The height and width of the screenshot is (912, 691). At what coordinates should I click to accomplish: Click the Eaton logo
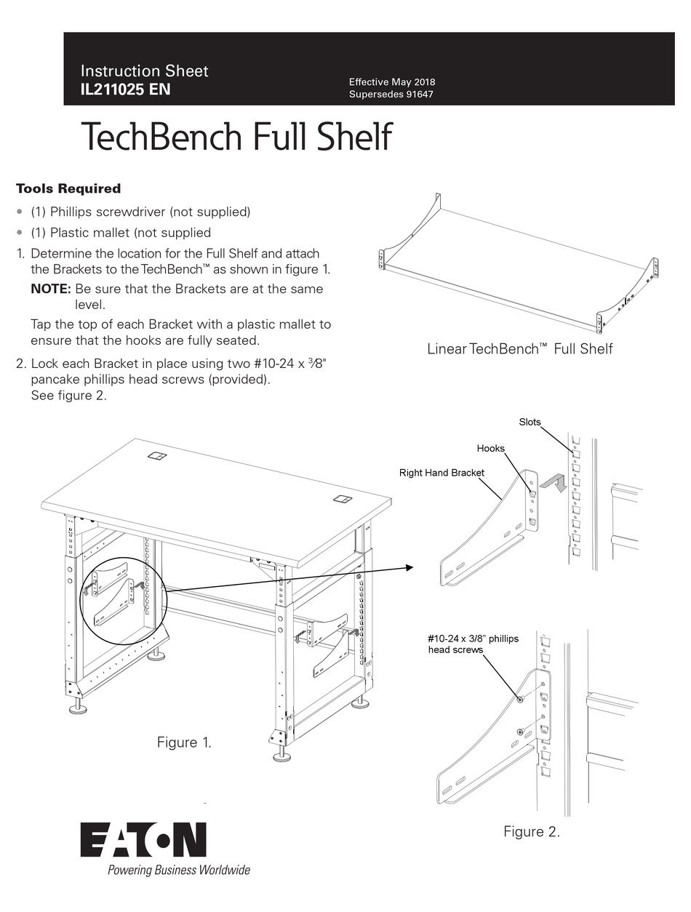tap(143, 840)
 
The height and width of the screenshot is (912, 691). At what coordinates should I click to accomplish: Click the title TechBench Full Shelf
tap(236, 137)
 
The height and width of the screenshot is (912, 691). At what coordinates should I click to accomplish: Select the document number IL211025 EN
tap(126, 91)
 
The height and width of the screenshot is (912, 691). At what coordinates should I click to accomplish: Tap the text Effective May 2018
tap(392, 82)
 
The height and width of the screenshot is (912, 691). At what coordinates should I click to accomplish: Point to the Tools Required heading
tap(68, 188)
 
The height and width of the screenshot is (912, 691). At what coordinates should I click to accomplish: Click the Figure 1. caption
tap(185, 743)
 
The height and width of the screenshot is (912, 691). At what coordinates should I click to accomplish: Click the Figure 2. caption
tap(532, 832)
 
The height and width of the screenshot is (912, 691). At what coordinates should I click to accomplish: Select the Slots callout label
tap(530, 422)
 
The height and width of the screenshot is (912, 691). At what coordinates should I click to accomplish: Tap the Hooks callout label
tap(490, 449)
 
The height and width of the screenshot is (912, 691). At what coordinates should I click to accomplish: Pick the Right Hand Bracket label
tap(442, 473)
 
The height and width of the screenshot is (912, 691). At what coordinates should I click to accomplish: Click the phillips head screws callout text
tap(473, 644)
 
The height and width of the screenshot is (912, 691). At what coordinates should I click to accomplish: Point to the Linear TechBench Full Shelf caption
tap(519, 349)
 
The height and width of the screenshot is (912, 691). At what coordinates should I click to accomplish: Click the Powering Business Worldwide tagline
tap(178, 870)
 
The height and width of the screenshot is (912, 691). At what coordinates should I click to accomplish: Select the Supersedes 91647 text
tap(391, 95)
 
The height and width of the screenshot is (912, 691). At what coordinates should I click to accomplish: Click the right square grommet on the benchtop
tap(343, 499)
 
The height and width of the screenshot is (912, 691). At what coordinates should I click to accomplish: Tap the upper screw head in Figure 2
tap(521, 699)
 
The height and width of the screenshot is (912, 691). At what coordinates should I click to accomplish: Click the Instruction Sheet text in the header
tap(144, 71)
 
